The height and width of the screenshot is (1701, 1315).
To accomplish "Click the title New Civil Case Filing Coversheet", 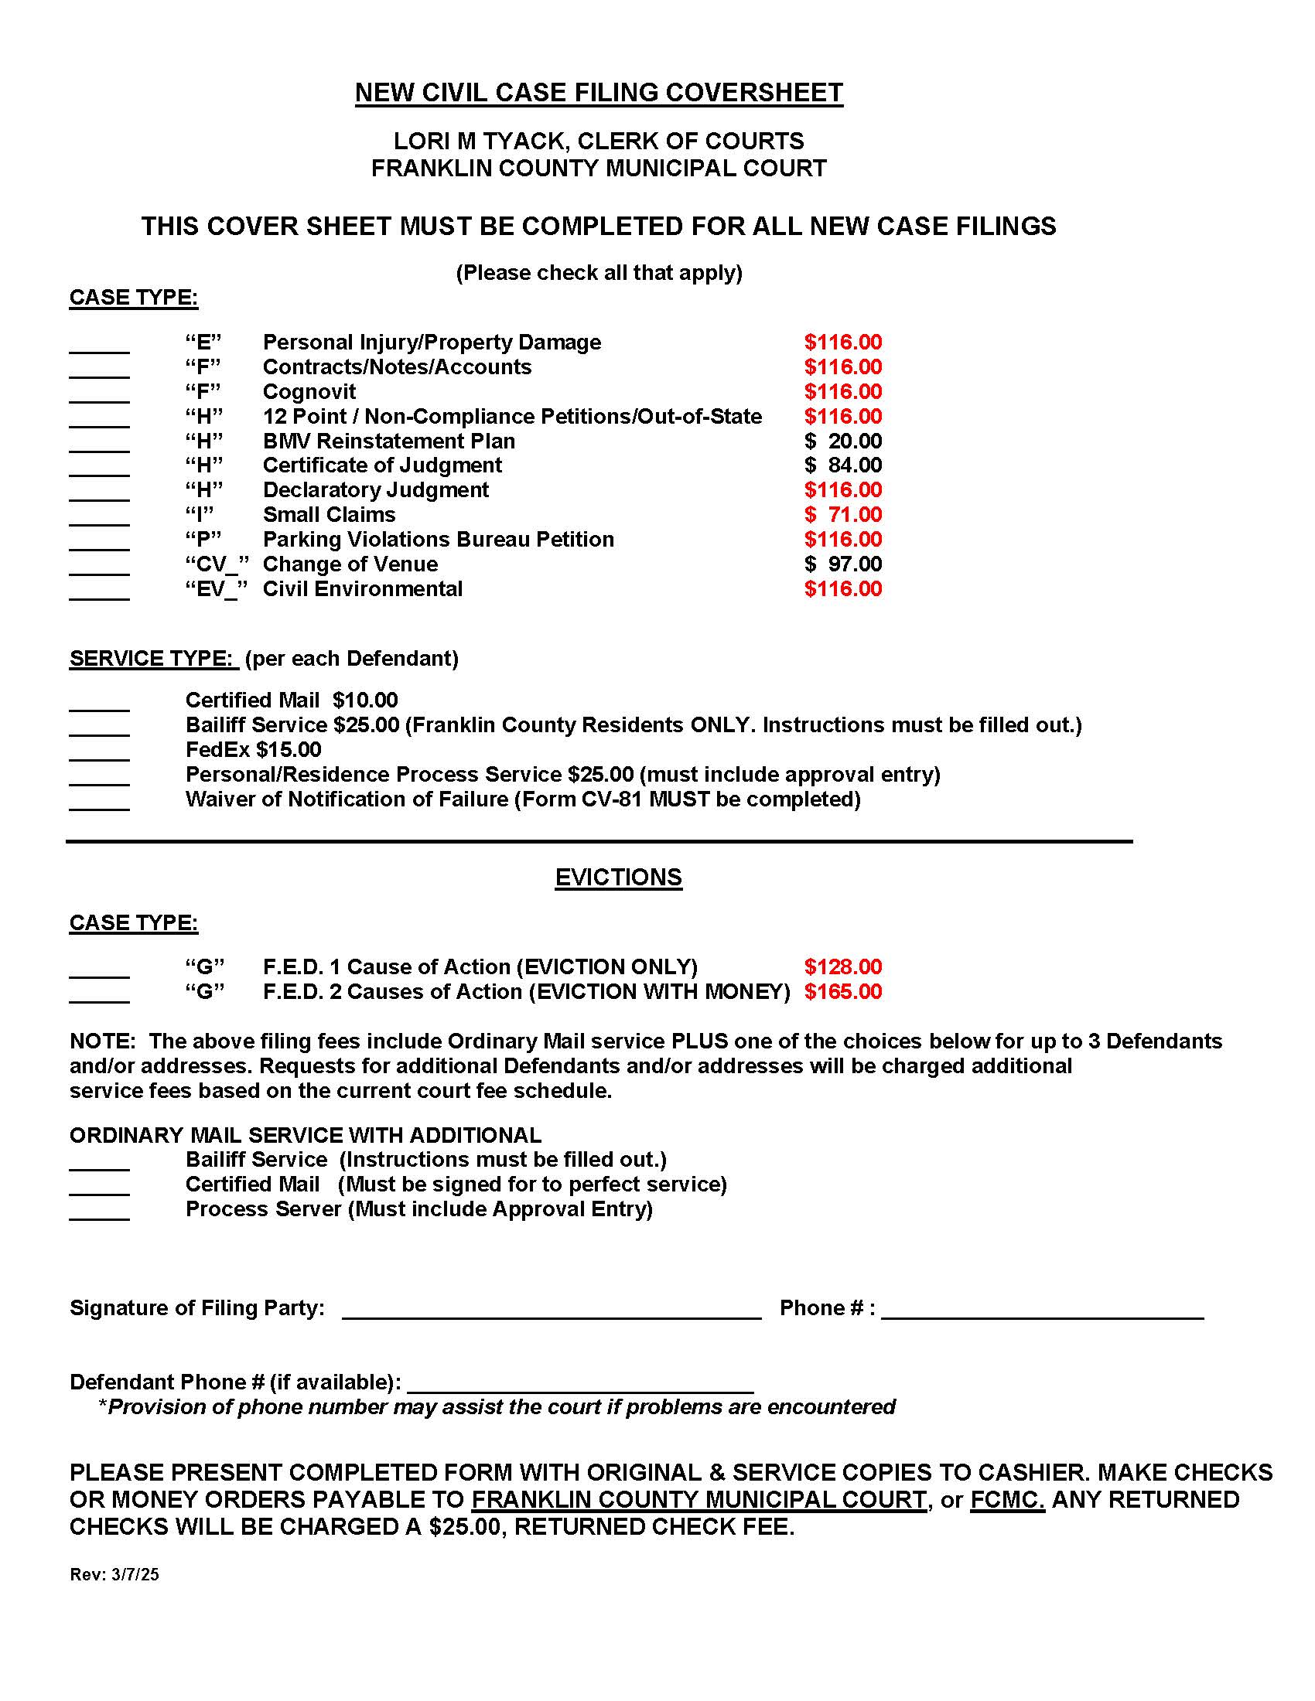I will (598, 93).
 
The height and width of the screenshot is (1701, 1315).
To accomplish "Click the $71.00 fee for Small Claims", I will (843, 515).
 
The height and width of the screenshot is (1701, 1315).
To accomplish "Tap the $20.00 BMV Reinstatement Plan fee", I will (843, 441).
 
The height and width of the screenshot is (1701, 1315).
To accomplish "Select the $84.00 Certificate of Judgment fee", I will (843, 465).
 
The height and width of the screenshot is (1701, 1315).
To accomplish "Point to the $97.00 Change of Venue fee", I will (843, 564).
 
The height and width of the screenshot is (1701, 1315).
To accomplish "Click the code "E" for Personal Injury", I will (203, 343).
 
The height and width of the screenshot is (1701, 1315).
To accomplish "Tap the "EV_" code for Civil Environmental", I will (216, 590).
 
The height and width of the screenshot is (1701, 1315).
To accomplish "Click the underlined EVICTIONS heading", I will (619, 878).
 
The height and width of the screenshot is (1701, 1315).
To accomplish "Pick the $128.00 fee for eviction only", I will (843, 967).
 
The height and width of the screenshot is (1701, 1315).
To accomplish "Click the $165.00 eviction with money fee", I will (843, 992).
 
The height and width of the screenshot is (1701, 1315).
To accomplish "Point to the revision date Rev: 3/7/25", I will (114, 1575).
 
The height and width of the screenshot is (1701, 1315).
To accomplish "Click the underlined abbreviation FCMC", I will (1007, 1500).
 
